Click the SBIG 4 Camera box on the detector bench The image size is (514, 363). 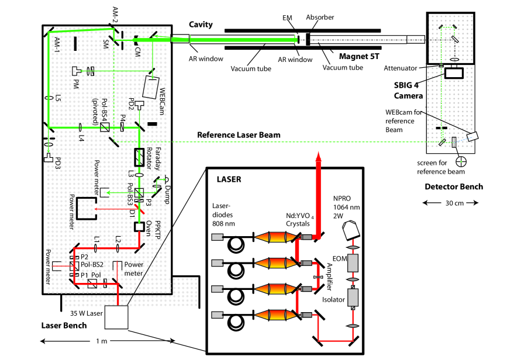pyautogui.click(x=454, y=72)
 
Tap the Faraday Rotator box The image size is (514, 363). pyautogui.click(x=139, y=157)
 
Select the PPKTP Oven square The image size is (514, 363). pyautogui.click(x=139, y=227)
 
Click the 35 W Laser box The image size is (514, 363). pyautogui.click(x=116, y=317)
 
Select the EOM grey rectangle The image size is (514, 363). pyautogui.click(x=353, y=262)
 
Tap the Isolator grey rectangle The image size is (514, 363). pyautogui.click(x=353, y=297)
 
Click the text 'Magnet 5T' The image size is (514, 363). pyautogui.click(x=359, y=56)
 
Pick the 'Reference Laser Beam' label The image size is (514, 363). pyautogui.click(x=239, y=135)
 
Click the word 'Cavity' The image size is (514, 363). pyautogui.click(x=201, y=25)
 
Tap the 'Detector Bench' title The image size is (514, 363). pyautogui.click(x=454, y=186)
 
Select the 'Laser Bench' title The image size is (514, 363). pyautogui.click(x=64, y=326)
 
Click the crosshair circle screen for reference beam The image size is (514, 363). pyautogui.click(x=461, y=161)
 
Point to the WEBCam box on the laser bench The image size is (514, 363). pyautogui.click(x=151, y=88)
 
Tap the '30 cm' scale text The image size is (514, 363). pyautogui.click(x=454, y=203)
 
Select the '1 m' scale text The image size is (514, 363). pyautogui.click(x=102, y=341)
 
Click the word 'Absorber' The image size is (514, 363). pyautogui.click(x=320, y=18)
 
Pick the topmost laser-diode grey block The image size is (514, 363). pyautogui.click(x=218, y=237)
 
